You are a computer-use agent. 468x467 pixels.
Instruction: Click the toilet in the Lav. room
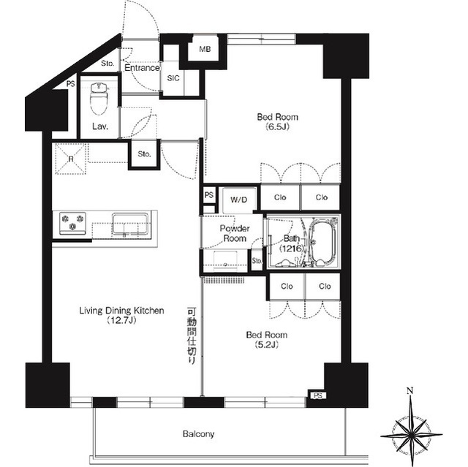pos(99,99)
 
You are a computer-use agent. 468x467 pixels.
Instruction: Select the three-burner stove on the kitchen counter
pos(72,224)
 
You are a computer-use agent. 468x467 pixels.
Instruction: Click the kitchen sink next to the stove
pos(130,224)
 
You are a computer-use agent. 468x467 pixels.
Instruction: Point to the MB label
pos(205,49)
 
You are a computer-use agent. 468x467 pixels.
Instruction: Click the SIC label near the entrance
pos(173,78)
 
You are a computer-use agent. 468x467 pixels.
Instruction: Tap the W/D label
pos(239,200)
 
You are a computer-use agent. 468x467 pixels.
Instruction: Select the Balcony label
pos(198,433)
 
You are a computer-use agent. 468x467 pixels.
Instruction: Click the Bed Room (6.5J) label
pos(278,121)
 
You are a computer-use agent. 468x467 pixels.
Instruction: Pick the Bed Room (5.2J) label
pos(266,339)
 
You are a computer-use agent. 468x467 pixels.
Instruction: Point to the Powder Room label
pos(235,233)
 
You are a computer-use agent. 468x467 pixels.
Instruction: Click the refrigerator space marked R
pos(71,159)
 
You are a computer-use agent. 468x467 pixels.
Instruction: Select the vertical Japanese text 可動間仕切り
pos(192,335)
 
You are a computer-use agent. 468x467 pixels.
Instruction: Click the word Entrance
pos(142,68)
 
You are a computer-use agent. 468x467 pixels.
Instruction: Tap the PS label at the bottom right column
pos(318,395)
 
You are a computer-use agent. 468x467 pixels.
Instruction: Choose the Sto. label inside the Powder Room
pos(257,261)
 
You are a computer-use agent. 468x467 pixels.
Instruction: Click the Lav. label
pos(100,126)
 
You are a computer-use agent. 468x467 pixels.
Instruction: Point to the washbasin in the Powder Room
pos(225,260)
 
